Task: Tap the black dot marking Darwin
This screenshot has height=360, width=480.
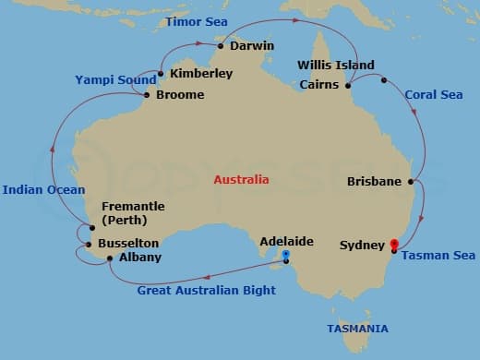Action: (x=222, y=44)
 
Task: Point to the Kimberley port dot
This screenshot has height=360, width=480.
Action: (x=161, y=74)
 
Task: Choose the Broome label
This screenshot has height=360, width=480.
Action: (x=180, y=94)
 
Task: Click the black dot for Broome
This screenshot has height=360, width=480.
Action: (x=147, y=94)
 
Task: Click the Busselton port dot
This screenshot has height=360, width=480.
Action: (x=88, y=245)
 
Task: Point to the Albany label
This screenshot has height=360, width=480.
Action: (x=140, y=258)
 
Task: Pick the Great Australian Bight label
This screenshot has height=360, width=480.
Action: (x=206, y=291)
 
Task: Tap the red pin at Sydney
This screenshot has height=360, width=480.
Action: (x=394, y=245)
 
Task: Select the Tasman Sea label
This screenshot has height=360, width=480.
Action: (x=438, y=256)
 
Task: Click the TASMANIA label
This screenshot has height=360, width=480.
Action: (x=357, y=329)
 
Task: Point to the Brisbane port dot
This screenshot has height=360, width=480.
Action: (x=410, y=182)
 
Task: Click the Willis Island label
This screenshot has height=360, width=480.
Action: (x=336, y=65)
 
